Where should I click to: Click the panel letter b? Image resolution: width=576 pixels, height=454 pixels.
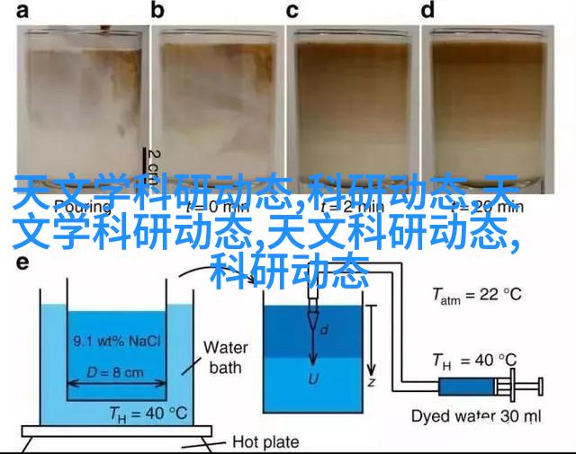(x=158, y=11)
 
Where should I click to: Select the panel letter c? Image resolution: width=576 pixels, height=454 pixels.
(x=292, y=11)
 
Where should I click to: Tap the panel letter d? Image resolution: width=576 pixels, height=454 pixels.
(x=427, y=11)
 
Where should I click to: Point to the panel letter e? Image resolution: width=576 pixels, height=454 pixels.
(x=22, y=263)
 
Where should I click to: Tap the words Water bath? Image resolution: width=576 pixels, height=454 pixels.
(x=225, y=357)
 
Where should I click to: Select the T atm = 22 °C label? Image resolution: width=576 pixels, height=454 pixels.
(x=476, y=294)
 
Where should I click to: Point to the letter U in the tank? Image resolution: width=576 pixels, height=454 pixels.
(x=314, y=378)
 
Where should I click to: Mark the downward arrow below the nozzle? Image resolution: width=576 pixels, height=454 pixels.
(x=314, y=346)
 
